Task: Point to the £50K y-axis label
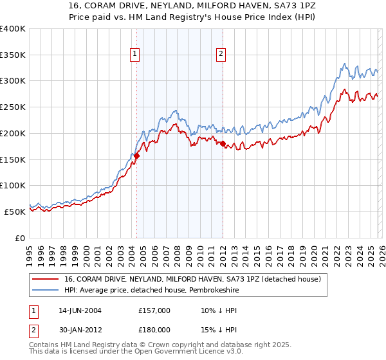(x=15, y=212)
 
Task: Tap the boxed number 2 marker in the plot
(x=221, y=55)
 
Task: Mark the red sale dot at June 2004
(x=137, y=156)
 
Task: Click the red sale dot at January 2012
(x=223, y=144)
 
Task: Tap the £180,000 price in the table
(x=154, y=329)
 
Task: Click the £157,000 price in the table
(x=154, y=310)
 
